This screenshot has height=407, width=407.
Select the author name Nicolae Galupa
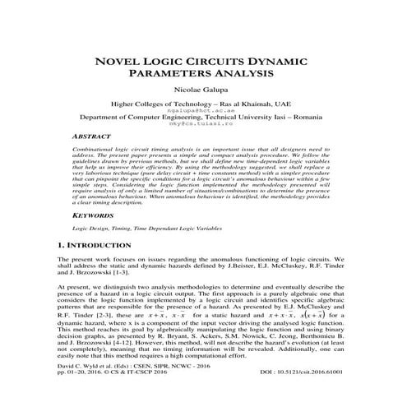click(203, 90)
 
